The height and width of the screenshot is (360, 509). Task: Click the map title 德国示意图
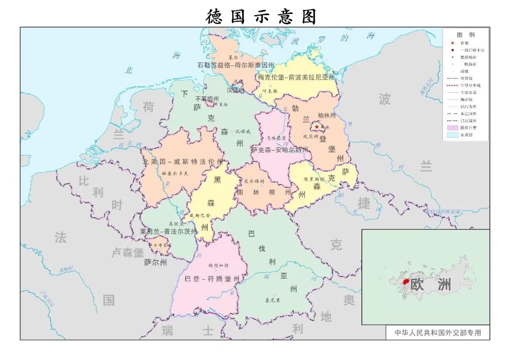[x=261, y=16]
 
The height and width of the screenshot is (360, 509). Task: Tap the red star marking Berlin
[x=317, y=127]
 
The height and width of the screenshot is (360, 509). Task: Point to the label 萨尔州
[x=156, y=263]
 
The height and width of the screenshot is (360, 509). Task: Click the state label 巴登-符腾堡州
[x=212, y=279]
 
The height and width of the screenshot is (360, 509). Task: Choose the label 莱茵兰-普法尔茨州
[x=169, y=232]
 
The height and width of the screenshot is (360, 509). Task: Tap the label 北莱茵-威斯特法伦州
[x=183, y=162]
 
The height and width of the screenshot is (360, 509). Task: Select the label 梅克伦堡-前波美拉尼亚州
[x=296, y=77]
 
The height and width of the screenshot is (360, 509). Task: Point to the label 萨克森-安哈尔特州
[x=279, y=150]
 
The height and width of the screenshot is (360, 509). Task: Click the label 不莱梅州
[x=207, y=99]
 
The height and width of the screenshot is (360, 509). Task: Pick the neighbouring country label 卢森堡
[x=127, y=253]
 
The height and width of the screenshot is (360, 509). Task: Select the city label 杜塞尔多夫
[x=175, y=173]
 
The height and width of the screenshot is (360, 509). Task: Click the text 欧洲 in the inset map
[x=430, y=285]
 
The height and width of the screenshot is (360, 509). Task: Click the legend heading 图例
[x=466, y=35]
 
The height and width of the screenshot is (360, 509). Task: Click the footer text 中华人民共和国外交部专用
[x=438, y=333]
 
